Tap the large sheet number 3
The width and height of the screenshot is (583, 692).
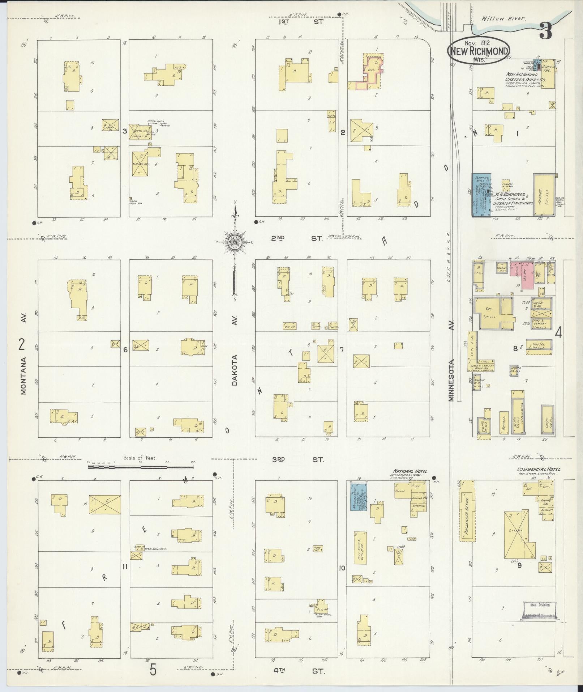(x=546, y=31)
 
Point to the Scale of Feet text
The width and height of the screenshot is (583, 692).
(x=140, y=458)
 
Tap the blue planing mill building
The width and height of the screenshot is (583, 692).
(x=481, y=195)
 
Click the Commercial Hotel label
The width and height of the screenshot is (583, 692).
(x=536, y=469)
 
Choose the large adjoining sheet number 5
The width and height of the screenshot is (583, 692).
(x=153, y=670)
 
